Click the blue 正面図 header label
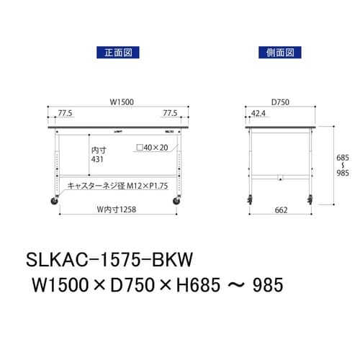[117, 52]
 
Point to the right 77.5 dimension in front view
[171, 113]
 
